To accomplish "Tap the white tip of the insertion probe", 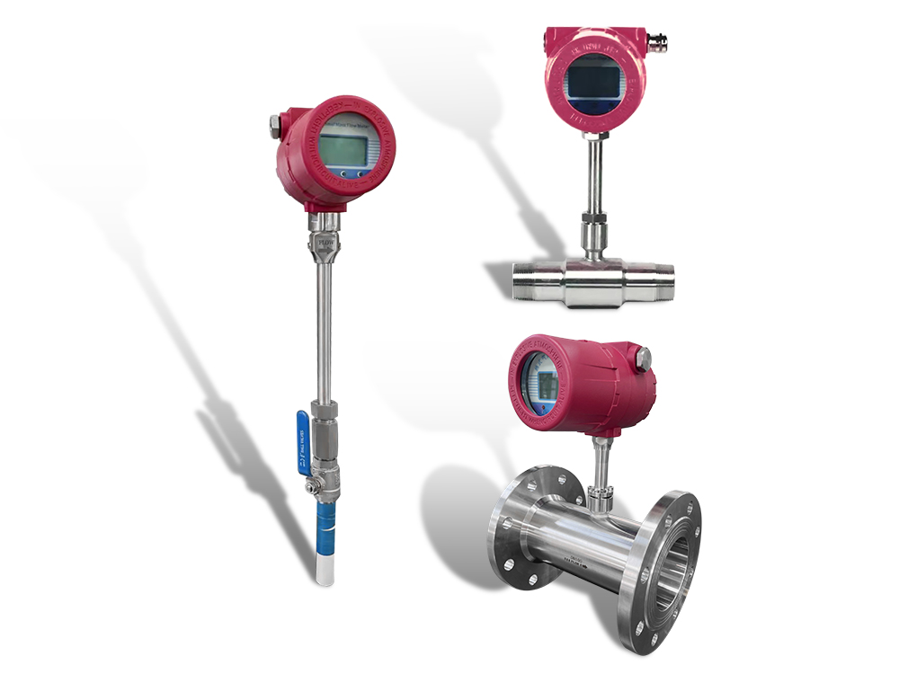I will point(324,568).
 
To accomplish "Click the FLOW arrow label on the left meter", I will point(323,242).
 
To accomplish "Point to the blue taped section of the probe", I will point(325,525).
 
